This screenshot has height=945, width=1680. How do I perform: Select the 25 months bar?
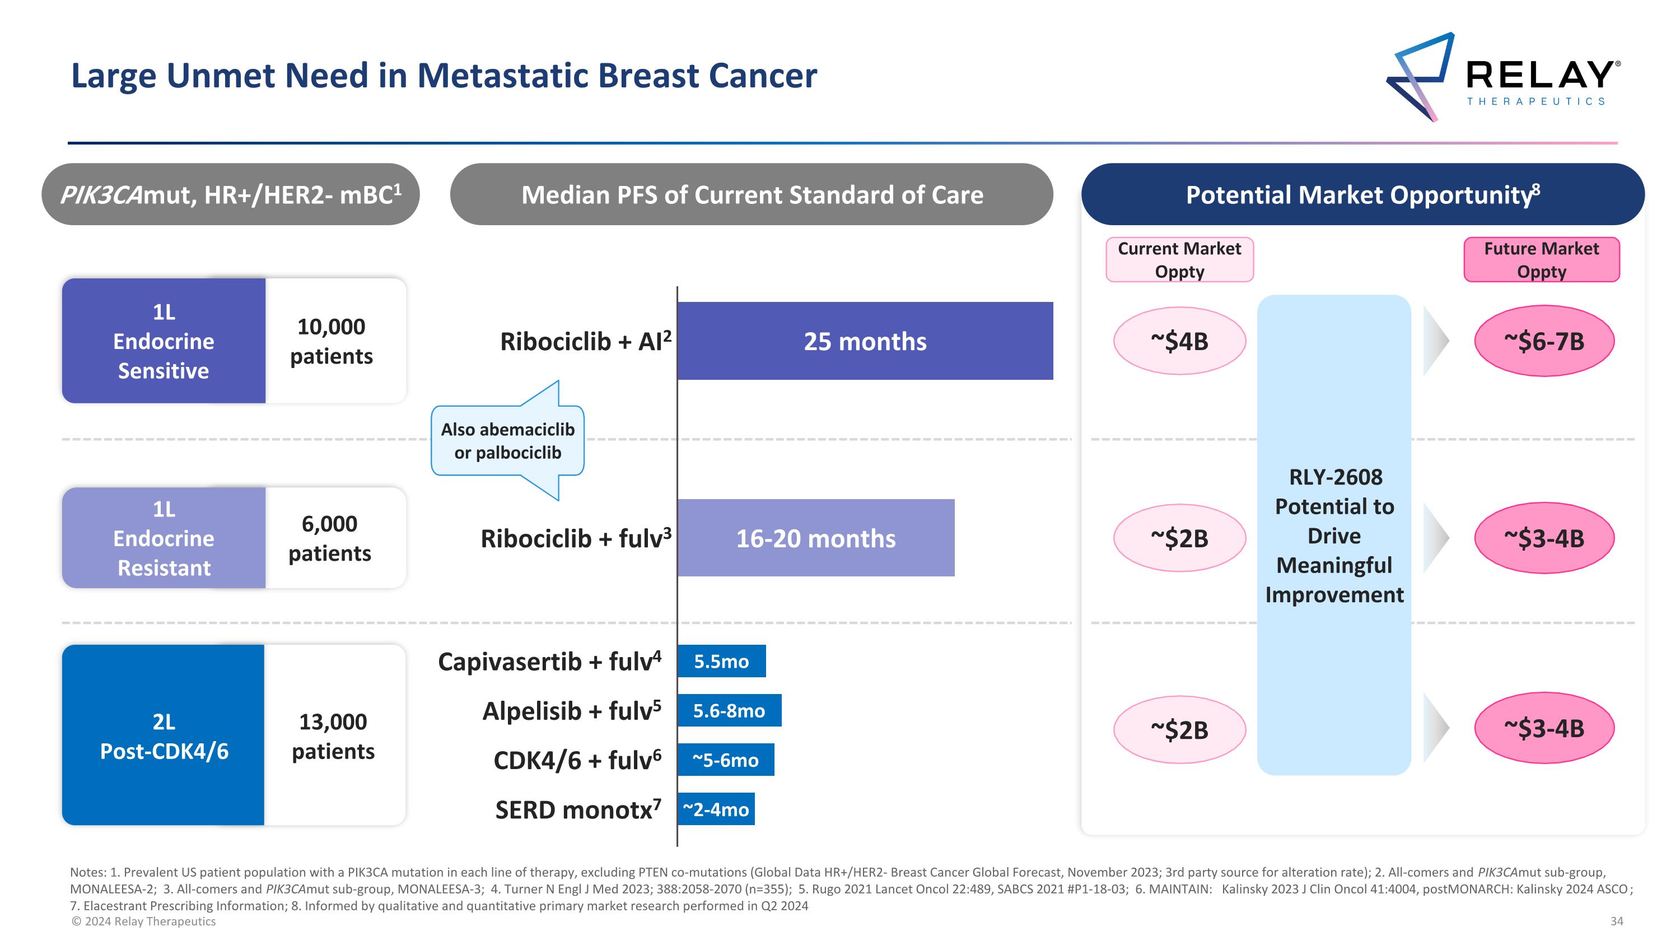point(865,341)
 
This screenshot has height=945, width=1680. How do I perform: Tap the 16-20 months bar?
point(816,538)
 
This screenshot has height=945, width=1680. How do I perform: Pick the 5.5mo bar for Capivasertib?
point(721,662)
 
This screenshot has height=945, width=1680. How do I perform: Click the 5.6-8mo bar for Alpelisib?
point(729,710)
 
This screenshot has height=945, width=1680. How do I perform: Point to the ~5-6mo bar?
point(726,760)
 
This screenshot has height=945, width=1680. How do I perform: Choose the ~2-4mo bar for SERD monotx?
point(716,809)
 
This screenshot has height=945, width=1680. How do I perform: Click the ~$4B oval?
point(1180,341)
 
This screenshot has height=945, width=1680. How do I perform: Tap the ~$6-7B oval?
point(1544,341)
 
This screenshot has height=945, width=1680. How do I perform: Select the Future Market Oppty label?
point(1542,259)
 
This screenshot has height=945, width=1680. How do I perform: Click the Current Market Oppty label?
point(1180,259)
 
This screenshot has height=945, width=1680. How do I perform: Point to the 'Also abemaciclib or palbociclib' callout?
point(507,441)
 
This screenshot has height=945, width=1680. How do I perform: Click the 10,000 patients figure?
point(332,341)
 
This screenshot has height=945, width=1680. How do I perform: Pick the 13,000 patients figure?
point(333,736)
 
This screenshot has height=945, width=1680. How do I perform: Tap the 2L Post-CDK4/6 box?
point(164,735)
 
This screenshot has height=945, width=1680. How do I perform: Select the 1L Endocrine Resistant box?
point(164,538)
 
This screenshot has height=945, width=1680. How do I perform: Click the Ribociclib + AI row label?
point(586,341)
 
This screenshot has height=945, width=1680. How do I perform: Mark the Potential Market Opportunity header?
point(1363,194)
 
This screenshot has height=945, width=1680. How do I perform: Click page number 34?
point(1617,921)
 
